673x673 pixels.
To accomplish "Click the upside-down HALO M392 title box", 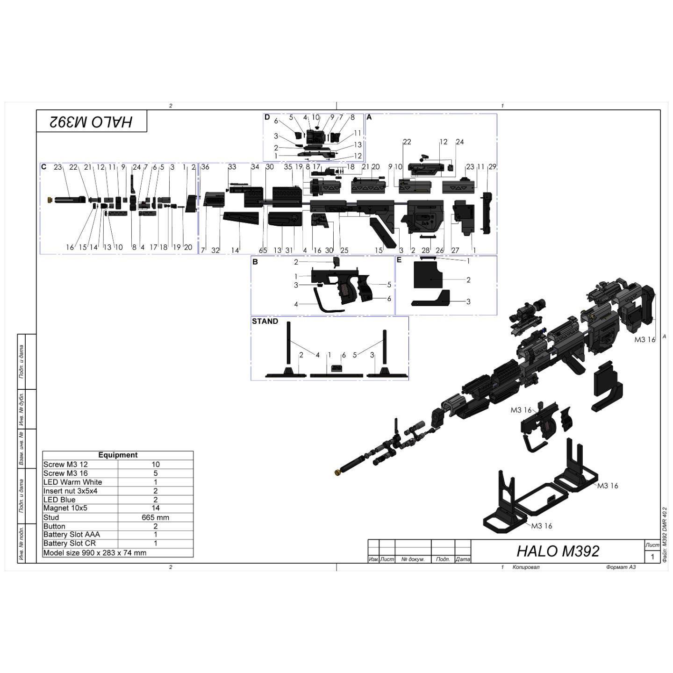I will (x=92, y=122).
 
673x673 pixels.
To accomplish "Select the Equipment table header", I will (x=118, y=455).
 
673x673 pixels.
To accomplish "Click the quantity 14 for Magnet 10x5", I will (x=156, y=508).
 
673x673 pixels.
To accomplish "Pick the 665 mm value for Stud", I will (x=156, y=517).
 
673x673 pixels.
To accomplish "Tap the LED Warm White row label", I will (x=72, y=482).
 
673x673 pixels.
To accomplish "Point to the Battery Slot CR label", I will (x=69, y=544).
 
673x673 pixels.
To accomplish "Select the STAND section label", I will (x=265, y=322).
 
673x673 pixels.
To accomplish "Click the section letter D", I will (x=267, y=117).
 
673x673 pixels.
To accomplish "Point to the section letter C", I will (x=44, y=167).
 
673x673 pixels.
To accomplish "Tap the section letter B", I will (x=255, y=262).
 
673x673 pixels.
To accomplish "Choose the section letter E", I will (x=399, y=260).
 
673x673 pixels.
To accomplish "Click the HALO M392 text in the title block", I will (x=558, y=551).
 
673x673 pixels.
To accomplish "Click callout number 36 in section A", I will (x=205, y=167).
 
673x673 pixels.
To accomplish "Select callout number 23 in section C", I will (x=57, y=167).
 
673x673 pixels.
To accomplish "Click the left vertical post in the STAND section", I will (x=288, y=346).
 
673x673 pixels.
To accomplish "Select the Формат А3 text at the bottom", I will (x=621, y=567).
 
